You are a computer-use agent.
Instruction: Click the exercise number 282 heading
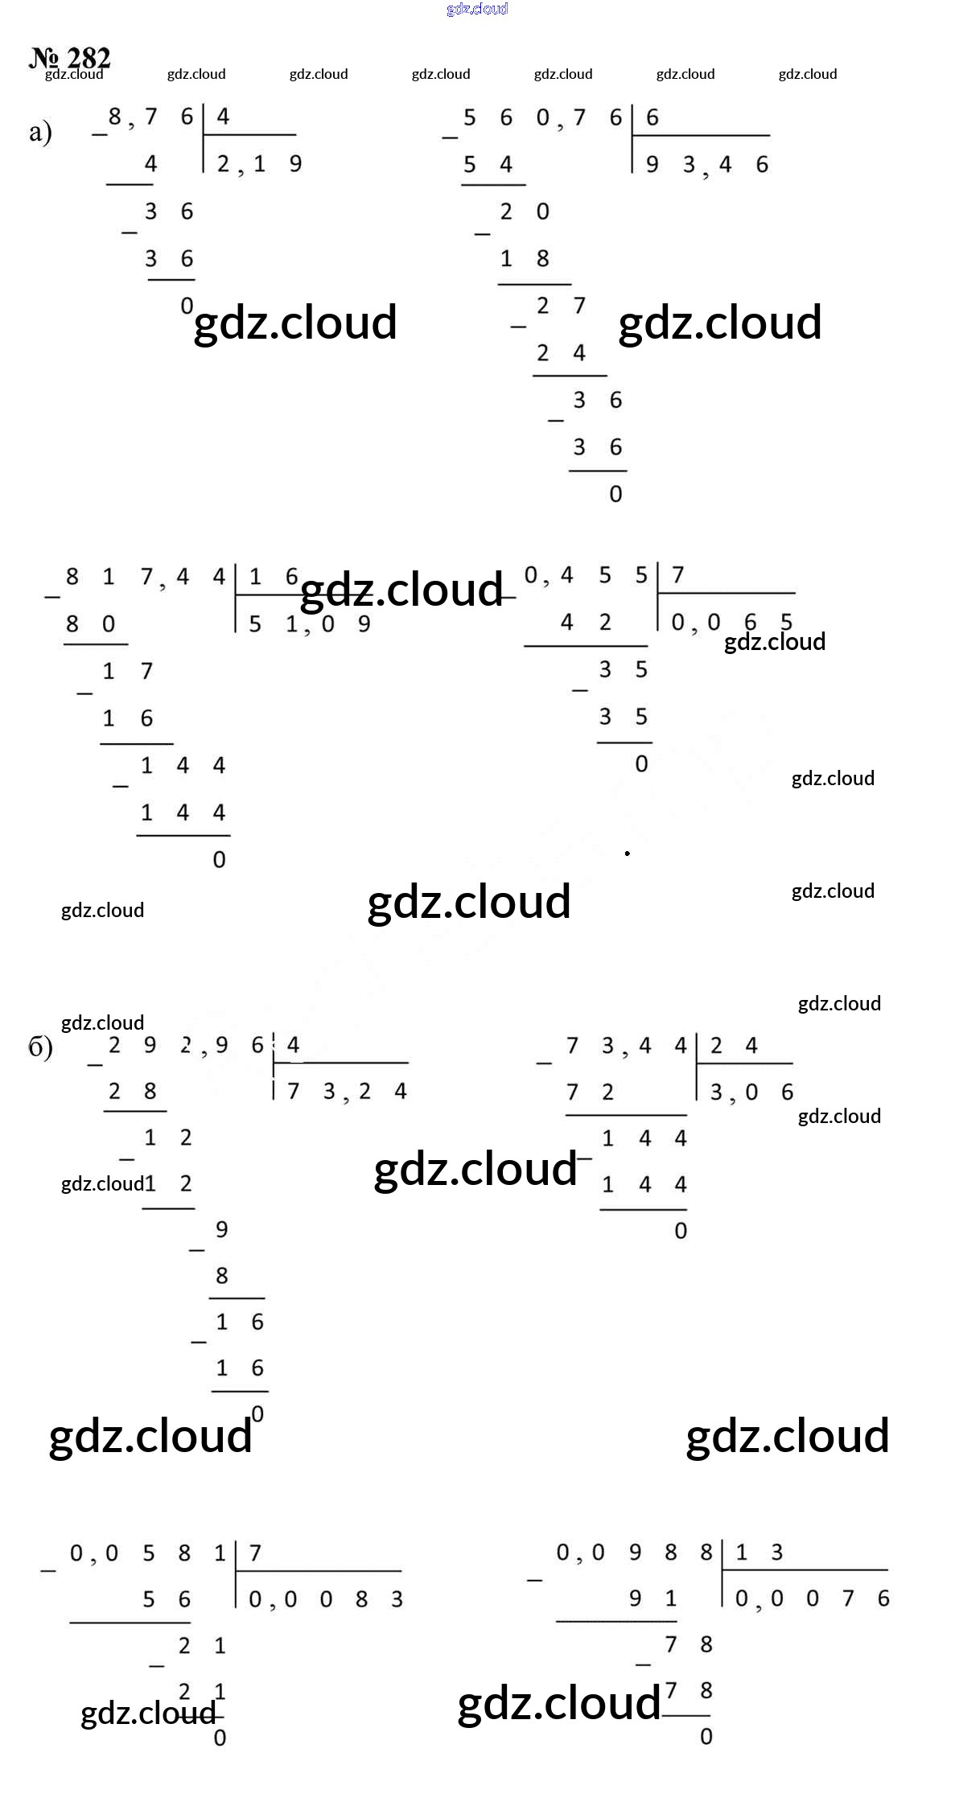tap(70, 58)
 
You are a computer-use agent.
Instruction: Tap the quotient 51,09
tap(309, 624)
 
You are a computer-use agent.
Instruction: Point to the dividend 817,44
tap(145, 577)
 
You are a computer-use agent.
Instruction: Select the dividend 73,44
tap(626, 1046)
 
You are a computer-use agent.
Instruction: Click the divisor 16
tap(273, 577)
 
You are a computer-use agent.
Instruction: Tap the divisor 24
tap(733, 1046)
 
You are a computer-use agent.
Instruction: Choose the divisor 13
tap(759, 1552)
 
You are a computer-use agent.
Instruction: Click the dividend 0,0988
tap(634, 1553)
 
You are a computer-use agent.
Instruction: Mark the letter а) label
tap(40, 132)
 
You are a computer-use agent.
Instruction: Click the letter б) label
tap(40, 1048)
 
